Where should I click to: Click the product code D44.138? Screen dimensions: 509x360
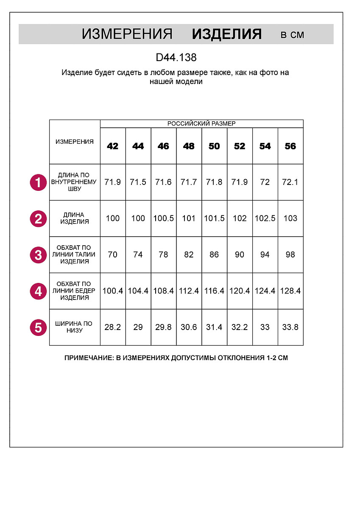coord(176,57)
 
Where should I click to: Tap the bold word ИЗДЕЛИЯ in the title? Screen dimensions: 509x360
coord(226,34)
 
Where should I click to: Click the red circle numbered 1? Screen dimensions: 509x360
coord(38,183)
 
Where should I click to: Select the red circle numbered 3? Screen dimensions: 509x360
coord(38,255)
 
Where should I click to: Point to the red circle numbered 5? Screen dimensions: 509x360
coord(38,327)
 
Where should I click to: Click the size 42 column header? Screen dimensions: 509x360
coord(113,146)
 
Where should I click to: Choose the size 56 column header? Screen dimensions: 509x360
coord(290,146)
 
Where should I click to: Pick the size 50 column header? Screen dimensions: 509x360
coord(214,146)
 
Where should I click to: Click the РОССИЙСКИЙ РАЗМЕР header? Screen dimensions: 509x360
coord(201,123)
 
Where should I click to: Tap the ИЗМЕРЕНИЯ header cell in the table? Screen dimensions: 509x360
coord(75,142)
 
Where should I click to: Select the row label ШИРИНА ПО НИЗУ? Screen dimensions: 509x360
coord(75,327)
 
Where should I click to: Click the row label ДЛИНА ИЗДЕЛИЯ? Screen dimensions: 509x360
coord(75,218)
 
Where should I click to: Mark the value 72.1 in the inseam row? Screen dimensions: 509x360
coord(290,182)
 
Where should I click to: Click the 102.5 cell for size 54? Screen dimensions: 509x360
coord(265,218)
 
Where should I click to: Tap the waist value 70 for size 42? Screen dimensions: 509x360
coord(113,255)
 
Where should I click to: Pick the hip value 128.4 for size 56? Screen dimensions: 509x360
coord(290,291)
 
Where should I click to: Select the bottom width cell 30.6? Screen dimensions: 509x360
coord(189,327)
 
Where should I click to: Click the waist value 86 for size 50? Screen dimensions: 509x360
coord(214,255)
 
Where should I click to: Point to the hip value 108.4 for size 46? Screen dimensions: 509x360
coord(163,291)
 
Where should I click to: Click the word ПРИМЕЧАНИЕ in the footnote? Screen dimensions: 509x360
coord(88,358)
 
